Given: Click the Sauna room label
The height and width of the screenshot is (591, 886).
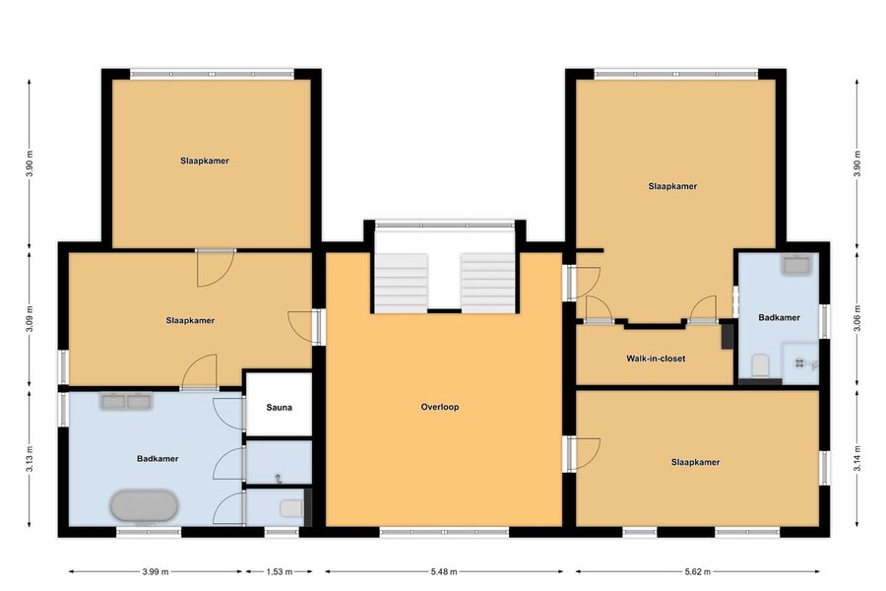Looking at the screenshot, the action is [x=280, y=407].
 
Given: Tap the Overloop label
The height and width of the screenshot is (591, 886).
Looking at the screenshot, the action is [x=440, y=407].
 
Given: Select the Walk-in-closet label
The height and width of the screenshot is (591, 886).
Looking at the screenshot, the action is [x=656, y=359].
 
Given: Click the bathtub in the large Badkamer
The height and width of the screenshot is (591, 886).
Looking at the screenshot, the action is [x=144, y=505].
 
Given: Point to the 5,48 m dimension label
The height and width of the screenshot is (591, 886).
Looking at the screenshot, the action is [x=444, y=571].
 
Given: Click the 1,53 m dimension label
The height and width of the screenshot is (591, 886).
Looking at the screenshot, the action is [x=280, y=571].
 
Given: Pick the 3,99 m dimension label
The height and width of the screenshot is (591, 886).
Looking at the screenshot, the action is [x=156, y=571].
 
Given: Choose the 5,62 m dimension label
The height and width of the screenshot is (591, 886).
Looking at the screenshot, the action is [x=697, y=571].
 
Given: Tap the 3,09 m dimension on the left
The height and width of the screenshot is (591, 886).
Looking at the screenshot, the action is [x=30, y=319].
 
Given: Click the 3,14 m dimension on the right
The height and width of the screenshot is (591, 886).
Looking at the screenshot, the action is [x=857, y=459].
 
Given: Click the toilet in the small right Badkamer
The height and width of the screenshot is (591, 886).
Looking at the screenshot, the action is [x=760, y=365].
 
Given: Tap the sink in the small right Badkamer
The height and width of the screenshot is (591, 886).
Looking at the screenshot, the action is [x=796, y=265].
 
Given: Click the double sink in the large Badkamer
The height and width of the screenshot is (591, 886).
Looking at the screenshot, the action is [x=126, y=401].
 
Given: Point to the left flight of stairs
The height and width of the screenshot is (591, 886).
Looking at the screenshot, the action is [x=402, y=283].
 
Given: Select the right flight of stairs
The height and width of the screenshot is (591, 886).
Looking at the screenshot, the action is [x=487, y=283].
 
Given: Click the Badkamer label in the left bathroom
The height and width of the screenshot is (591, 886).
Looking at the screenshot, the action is [x=158, y=459].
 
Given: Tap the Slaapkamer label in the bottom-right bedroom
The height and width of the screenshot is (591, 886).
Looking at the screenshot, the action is [x=695, y=462].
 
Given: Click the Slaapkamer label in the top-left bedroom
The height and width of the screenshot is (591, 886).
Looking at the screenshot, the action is [x=205, y=161].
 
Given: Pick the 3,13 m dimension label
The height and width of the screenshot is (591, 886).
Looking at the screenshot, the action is [x=30, y=459].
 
